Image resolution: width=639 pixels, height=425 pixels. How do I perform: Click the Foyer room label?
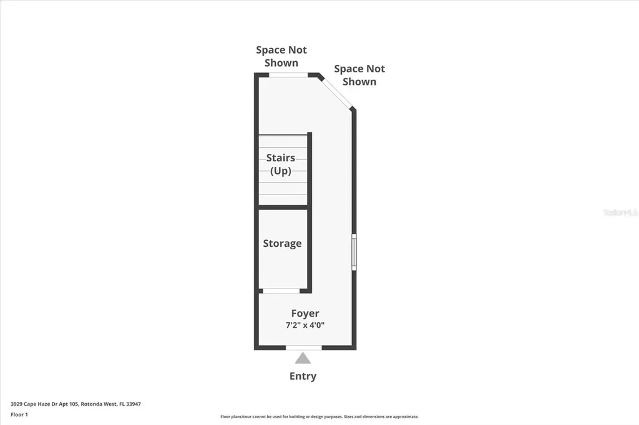click(305, 313)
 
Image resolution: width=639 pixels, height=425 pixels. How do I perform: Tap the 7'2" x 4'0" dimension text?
click(305, 325)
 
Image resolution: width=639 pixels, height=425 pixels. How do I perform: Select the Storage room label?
click(282, 244)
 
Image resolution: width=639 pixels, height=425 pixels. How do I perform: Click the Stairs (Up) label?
click(281, 165)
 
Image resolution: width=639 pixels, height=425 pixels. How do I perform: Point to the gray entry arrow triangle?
click(303, 358)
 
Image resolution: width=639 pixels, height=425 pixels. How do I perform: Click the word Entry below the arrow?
click(303, 376)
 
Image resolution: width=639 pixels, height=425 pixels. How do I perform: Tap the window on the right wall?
click(354, 252)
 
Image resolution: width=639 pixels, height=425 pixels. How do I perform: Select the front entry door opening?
click(303, 347)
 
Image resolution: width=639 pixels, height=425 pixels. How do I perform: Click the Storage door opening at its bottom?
click(281, 291)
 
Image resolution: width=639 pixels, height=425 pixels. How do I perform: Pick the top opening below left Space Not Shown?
click(288, 75)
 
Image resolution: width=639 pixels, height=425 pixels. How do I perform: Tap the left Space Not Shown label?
click(281, 56)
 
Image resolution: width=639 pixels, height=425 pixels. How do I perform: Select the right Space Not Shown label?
click(359, 75)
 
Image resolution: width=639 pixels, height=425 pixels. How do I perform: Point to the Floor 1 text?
click(19, 414)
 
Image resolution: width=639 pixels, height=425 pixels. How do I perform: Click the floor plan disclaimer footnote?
click(319, 417)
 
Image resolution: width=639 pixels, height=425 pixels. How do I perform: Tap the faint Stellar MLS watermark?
click(620, 212)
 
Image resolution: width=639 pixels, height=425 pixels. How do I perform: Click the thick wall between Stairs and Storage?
click(283, 207)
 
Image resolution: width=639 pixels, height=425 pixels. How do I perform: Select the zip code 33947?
click(134, 404)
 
